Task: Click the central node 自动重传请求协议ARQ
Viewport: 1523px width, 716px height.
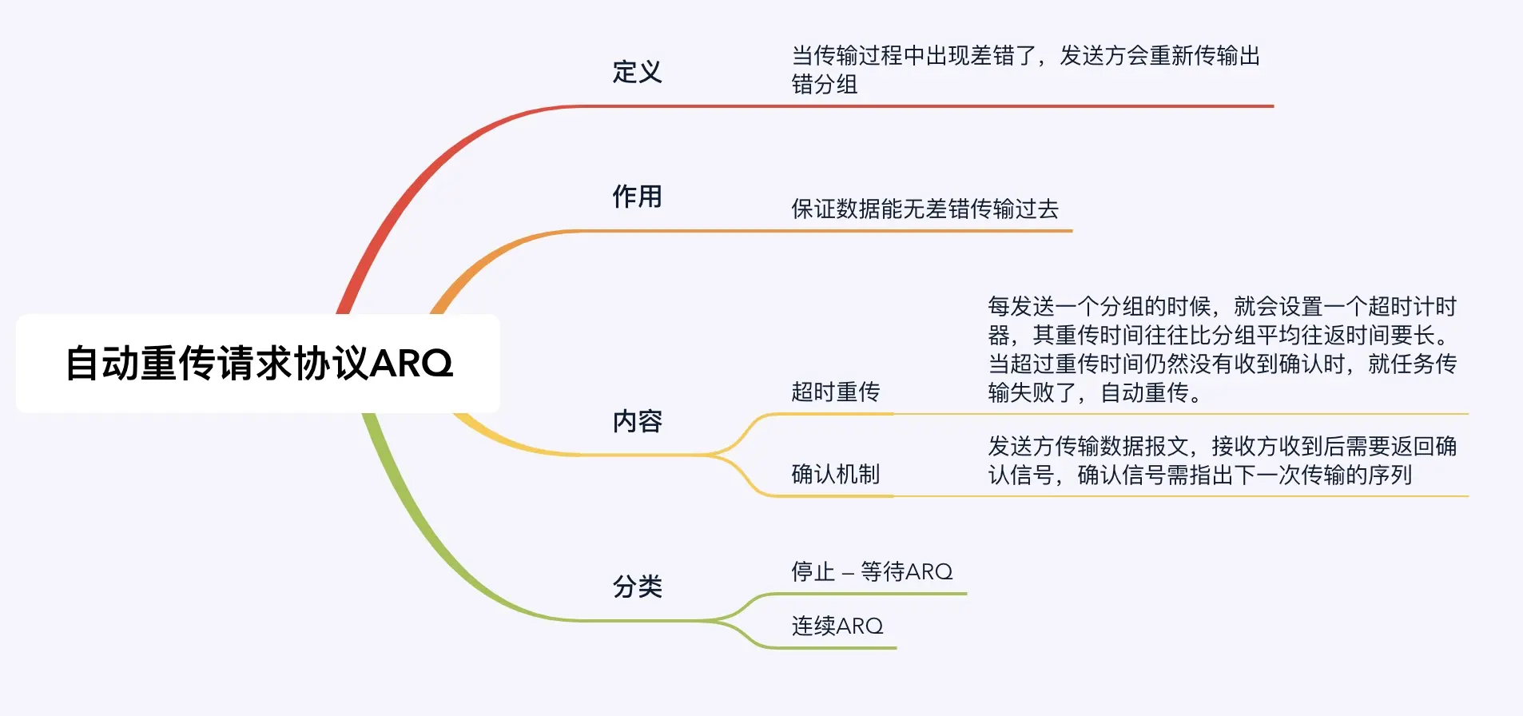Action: pyautogui.click(x=258, y=364)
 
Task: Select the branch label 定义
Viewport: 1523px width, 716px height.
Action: pyautogui.click(x=637, y=72)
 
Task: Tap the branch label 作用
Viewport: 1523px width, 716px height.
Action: pyautogui.click(x=637, y=197)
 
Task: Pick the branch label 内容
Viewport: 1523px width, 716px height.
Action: pyautogui.click(x=637, y=421)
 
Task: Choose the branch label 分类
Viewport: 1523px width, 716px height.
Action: pyautogui.click(x=637, y=587)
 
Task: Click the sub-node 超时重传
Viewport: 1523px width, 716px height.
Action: pyautogui.click(x=835, y=392)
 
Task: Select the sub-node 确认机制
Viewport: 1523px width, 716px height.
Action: pyautogui.click(x=835, y=475)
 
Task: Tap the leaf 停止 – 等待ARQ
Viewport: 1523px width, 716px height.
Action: pyautogui.click(x=872, y=572)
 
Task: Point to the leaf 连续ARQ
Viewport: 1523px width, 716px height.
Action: pyautogui.click(x=837, y=626)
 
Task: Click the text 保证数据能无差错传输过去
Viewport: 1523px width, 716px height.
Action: pyautogui.click(x=925, y=209)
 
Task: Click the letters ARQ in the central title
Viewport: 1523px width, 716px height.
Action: pyautogui.click(x=411, y=364)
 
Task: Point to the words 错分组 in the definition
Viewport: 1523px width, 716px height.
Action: pyautogui.click(x=824, y=85)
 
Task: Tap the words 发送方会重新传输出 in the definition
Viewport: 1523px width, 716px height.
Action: pyautogui.click(x=1159, y=56)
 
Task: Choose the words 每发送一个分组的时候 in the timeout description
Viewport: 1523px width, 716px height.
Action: pyautogui.click(x=1100, y=307)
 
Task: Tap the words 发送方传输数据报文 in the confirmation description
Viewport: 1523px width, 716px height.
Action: pyautogui.click(x=1088, y=446)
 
